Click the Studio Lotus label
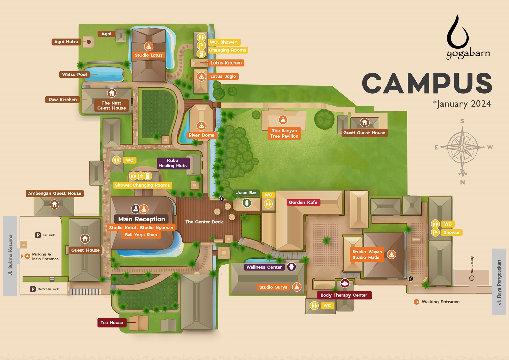pos(149,55)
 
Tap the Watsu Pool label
pos(74,74)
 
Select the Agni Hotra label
pos(66,42)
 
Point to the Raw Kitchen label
pos(63,100)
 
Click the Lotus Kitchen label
pos(226,63)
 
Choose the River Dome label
pos(202,135)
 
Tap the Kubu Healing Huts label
pos(172,163)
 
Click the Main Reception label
pos(142,219)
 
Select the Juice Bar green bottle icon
pos(247,203)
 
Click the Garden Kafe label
pos(303,202)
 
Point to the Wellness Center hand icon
pos(291,267)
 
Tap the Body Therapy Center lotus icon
pos(345,283)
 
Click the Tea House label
pos(112,323)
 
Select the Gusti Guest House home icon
pos(364,122)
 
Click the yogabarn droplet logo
pos(458,32)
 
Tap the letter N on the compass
pos(463,182)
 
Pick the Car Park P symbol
pos(38,235)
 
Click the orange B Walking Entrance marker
pos(417,302)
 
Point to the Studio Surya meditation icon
pos(297,287)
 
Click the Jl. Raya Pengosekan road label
pos(499,282)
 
